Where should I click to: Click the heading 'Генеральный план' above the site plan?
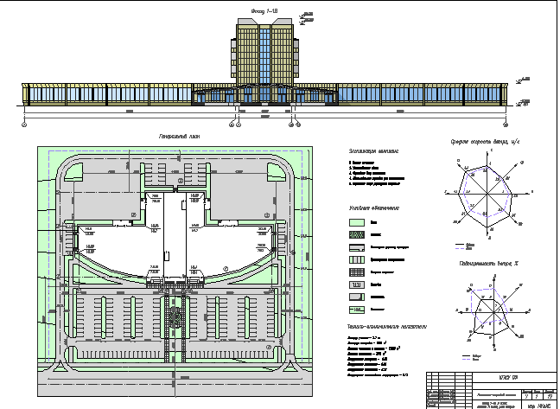[x=180, y=137]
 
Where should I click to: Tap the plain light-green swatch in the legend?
[x=357, y=222]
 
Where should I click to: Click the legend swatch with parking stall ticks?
[x=357, y=284]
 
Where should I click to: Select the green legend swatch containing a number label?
[x=357, y=308]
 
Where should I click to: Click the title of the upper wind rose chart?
[x=483, y=140]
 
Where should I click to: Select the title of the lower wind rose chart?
[x=483, y=263]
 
